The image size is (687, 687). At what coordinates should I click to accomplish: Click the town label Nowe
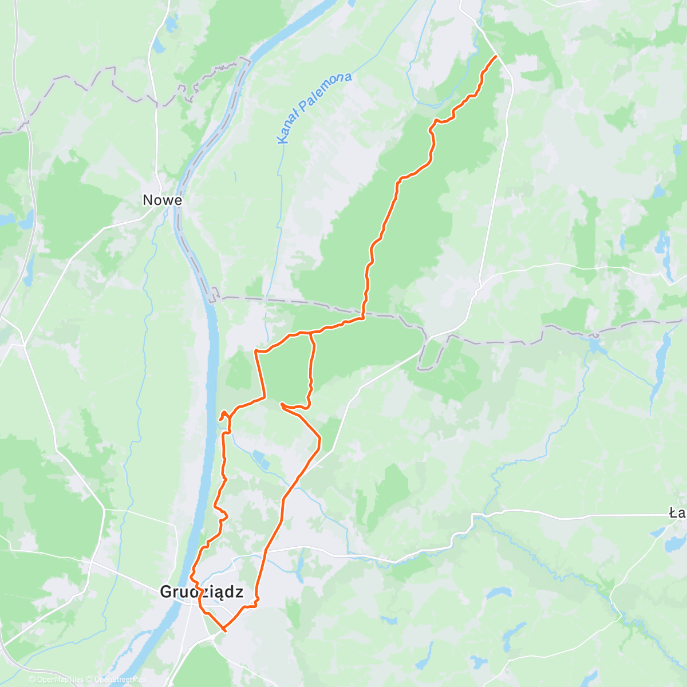coord(162,200)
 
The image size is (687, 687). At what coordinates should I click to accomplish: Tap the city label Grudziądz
coord(202,591)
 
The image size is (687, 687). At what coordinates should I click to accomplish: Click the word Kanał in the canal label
coord(289,129)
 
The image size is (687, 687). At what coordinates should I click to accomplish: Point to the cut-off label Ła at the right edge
coord(678,513)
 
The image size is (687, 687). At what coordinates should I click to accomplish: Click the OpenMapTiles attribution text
coord(60,680)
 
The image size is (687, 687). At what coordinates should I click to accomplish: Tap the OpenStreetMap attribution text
coord(120,680)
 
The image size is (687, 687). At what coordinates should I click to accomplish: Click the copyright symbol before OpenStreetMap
coord(90,680)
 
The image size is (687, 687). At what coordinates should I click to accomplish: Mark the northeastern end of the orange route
coord(495,56)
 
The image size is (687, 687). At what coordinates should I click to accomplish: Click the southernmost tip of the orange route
coord(224,630)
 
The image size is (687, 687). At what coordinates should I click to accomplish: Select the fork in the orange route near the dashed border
coord(310,332)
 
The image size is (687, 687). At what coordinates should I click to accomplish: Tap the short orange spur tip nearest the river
coord(220,420)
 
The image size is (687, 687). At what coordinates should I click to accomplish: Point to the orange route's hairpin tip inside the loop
coord(282,404)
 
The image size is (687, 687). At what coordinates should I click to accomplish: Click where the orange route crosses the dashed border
coord(363,314)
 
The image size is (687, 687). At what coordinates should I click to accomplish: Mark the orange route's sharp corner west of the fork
coord(255,350)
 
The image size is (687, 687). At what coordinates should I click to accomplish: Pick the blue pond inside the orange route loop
coord(259,457)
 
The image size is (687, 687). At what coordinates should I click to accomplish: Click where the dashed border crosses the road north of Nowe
coord(156,105)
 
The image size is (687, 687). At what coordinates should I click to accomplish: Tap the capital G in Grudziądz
coord(167,591)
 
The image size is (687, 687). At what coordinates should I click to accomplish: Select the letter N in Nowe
coord(148,200)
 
